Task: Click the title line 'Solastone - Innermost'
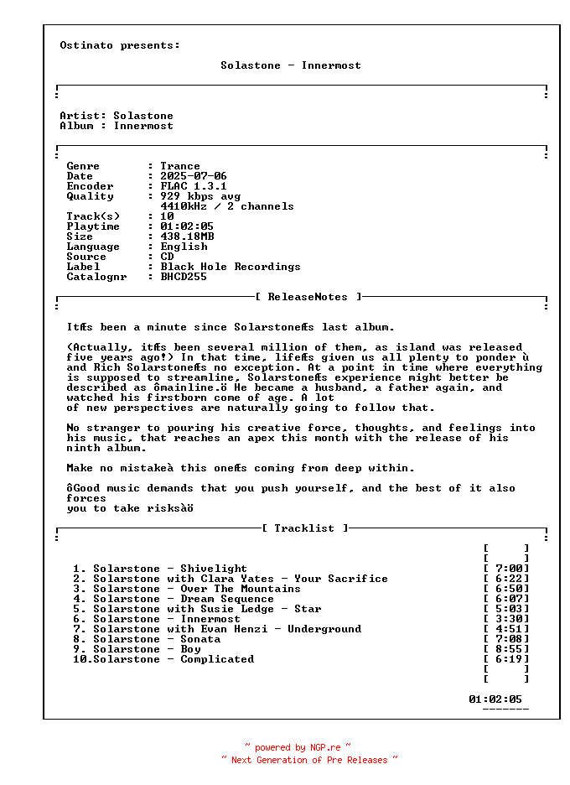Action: (x=291, y=65)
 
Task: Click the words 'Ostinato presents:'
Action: (x=120, y=45)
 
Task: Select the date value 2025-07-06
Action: (x=194, y=176)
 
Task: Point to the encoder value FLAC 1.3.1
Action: (x=194, y=186)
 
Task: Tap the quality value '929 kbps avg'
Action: (x=200, y=196)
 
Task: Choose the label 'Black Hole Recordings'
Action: (x=231, y=267)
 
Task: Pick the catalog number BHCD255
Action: (x=184, y=277)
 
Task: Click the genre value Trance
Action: (x=180, y=166)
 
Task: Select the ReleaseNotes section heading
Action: (x=308, y=297)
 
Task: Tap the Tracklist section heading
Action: (x=305, y=528)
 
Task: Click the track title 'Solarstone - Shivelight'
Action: (x=170, y=569)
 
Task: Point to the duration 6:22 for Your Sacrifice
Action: (x=508, y=579)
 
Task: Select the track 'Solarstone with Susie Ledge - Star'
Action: (x=207, y=609)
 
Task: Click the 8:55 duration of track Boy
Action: (x=508, y=649)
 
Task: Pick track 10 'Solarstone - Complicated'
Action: (x=174, y=659)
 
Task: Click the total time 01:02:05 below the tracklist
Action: (x=495, y=699)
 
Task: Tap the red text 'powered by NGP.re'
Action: (x=298, y=747)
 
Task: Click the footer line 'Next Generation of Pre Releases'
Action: (x=309, y=760)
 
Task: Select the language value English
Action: (x=184, y=247)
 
